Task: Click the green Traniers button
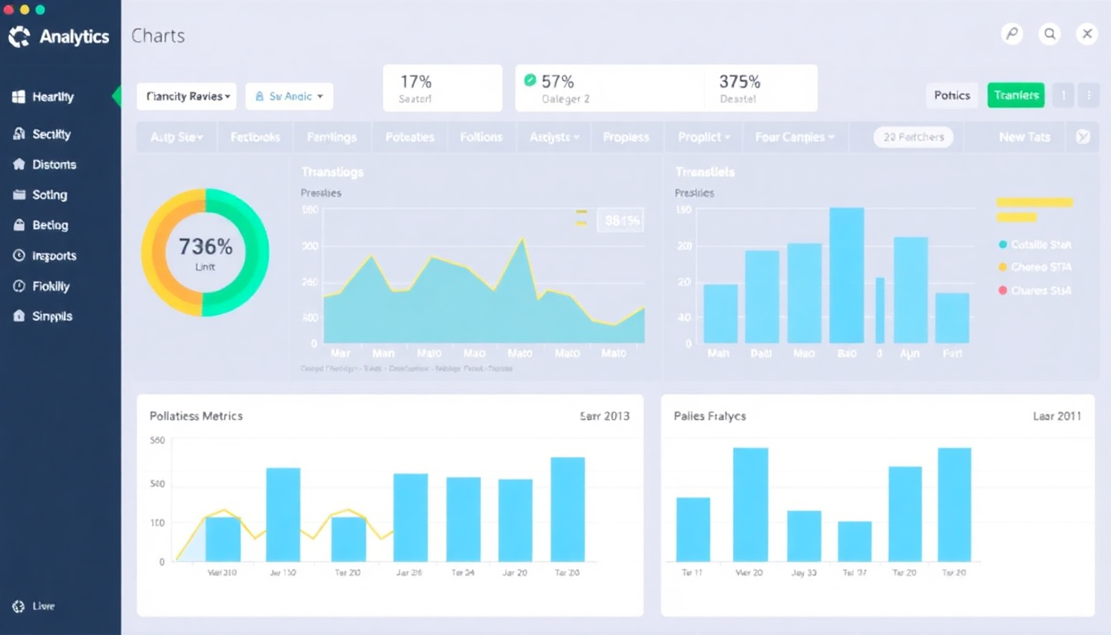(x=1016, y=95)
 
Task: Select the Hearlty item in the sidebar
(x=53, y=97)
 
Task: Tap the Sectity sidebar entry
(x=51, y=134)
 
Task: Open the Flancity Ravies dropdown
(x=186, y=96)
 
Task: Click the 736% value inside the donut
(x=205, y=246)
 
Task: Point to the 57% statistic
(x=557, y=81)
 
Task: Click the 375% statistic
(x=739, y=81)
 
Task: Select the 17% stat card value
(x=416, y=81)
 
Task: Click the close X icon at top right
(x=1087, y=34)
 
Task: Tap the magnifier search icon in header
(x=1050, y=34)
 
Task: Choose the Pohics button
(x=951, y=95)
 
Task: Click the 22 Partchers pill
(x=913, y=137)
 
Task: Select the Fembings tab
(x=331, y=137)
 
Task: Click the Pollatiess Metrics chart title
(x=196, y=416)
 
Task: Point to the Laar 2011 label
(x=1056, y=416)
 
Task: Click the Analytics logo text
(x=74, y=36)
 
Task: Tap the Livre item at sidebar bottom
(x=43, y=606)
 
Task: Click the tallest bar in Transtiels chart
(x=846, y=275)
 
